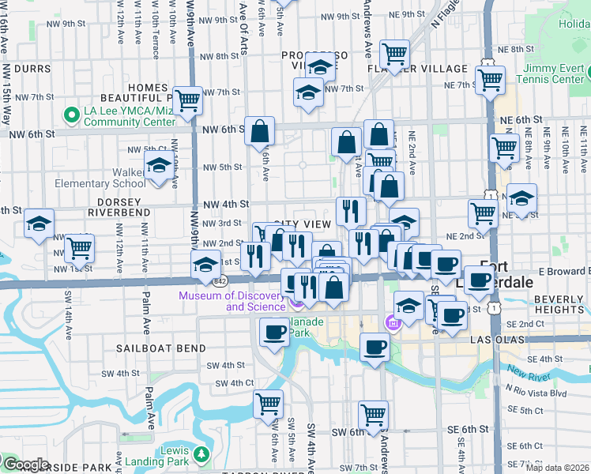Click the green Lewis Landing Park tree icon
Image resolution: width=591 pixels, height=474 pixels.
tap(201, 454)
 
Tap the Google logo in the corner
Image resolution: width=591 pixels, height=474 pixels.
tap(25, 465)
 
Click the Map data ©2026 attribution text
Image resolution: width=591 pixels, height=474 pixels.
tap(557, 468)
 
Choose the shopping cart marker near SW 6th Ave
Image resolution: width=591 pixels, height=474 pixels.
tap(268, 404)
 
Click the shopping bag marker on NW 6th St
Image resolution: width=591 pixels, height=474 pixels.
tap(259, 132)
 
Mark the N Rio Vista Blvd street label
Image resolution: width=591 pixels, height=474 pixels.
tap(539, 393)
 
